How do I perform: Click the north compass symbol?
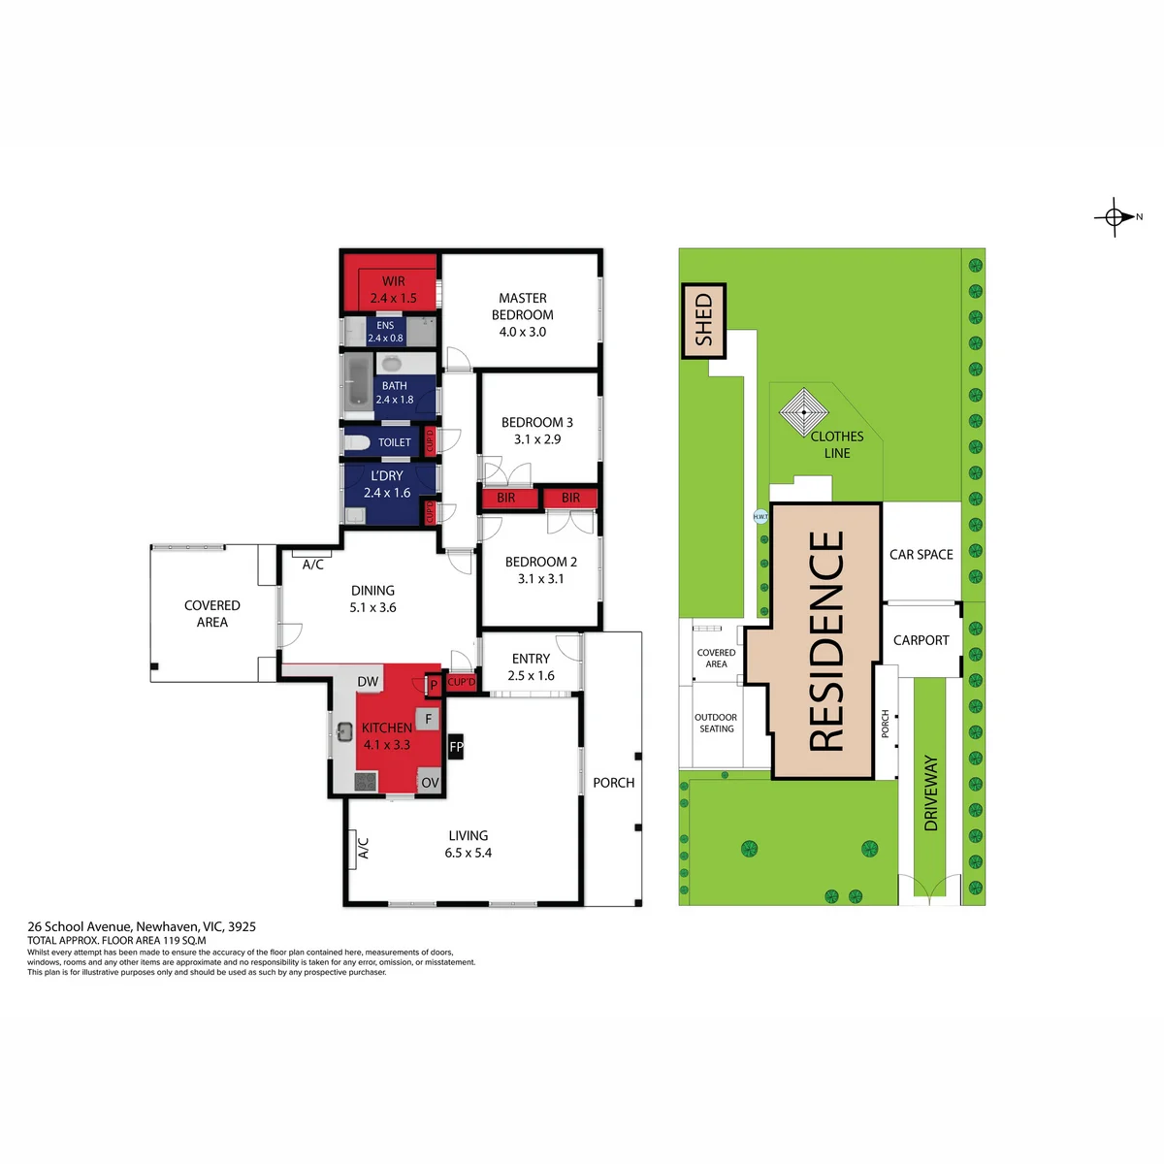click(x=1115, y=216)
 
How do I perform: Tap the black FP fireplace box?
click(x=456, y=747)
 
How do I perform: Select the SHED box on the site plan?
click(x=703, y=320)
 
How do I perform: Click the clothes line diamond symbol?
click(x=804, y=412)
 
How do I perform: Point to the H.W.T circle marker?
click(x=760, y=516)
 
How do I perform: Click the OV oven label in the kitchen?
click(x=430, y=783)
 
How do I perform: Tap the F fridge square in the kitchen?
click(x=429, y=719)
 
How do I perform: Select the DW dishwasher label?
click(x=368, y=682)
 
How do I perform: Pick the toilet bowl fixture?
click(x=356, y=442)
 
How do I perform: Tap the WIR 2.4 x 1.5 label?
click(x=393, y=289)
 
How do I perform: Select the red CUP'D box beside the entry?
click(x=462, y=683)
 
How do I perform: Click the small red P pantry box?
click(x=434, y=686)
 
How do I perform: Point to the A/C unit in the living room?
click(x=351, y=850)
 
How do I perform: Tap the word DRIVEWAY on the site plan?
click(x=931, y=793)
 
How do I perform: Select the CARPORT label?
click(x=921, y=640)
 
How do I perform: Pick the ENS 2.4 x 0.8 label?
click(x=385, y=332)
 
